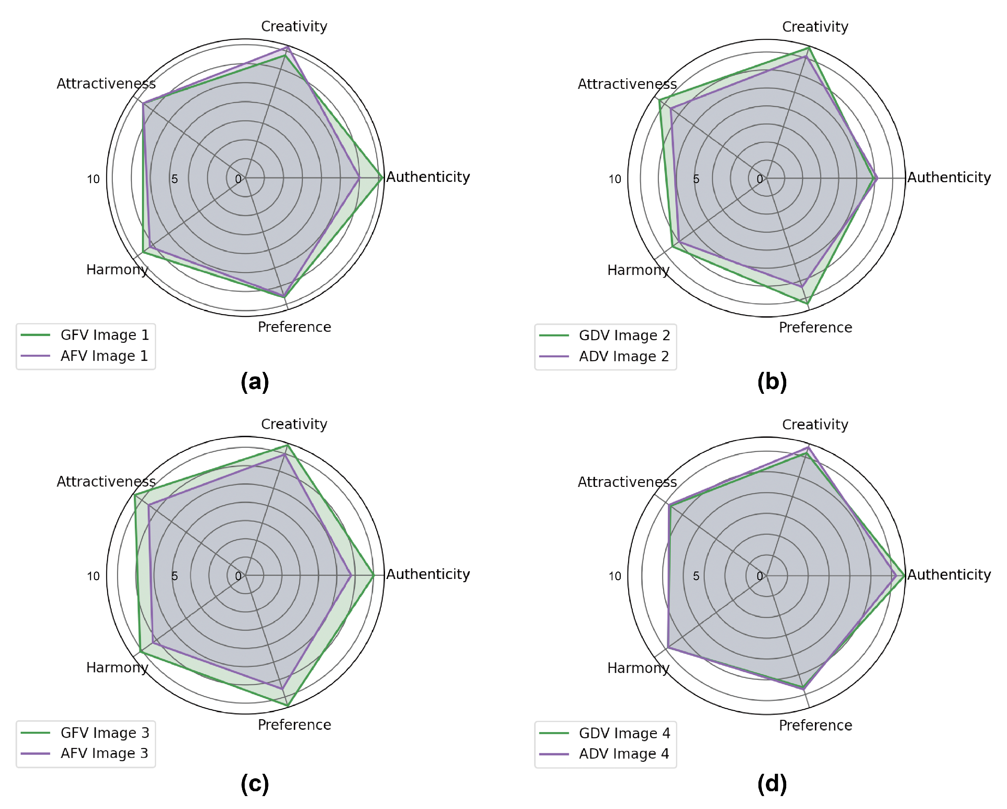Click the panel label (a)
point(254,382)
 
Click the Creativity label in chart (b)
point(815,26)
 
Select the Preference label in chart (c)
point(294,724)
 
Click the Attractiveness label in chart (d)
point(627,481)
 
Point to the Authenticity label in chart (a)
point(428,177)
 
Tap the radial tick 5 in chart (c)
point(174,576)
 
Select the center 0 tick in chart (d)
point(759,576)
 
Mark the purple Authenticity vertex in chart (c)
point(351,575)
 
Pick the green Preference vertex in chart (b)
point(808,303)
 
